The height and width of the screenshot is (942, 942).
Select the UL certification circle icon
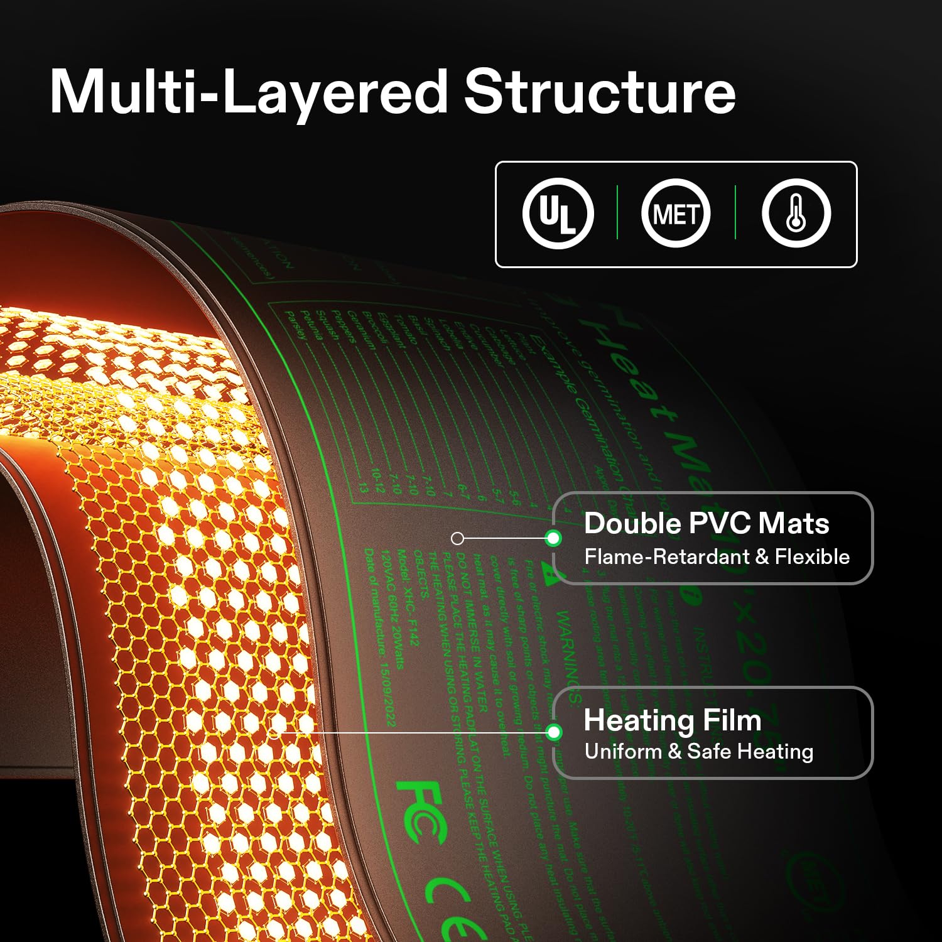558,214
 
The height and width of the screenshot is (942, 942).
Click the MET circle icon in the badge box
676,214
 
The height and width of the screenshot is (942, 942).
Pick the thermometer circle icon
796,214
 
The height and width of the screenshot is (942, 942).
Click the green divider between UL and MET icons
617,212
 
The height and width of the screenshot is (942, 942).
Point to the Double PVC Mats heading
706,524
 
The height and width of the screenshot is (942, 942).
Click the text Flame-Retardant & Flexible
717,556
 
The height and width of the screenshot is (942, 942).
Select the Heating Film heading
673,720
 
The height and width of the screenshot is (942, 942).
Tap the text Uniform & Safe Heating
698,752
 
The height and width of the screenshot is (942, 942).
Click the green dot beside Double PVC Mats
553,538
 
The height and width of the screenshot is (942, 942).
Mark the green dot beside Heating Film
553,732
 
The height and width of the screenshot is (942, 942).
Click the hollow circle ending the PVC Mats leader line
458,538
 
